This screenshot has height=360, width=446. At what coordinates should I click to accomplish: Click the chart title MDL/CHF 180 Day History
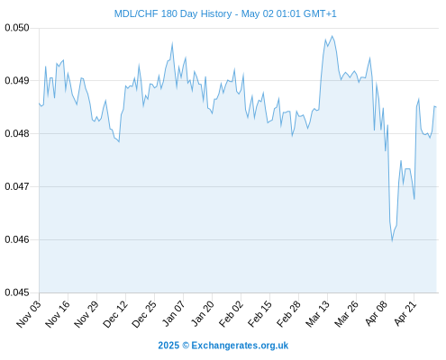point(173,13)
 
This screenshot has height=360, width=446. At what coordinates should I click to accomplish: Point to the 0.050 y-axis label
point(17,28)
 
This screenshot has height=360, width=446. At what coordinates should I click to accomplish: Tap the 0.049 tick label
point(17,80)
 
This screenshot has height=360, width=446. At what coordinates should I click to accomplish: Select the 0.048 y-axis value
point(17,133)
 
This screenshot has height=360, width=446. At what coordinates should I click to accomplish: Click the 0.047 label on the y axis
point(17,186)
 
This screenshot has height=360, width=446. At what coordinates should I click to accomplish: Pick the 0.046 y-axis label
point(17,239)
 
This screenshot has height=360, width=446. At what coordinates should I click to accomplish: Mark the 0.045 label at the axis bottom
point(17,292)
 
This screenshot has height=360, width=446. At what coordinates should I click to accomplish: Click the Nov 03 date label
point(29,314)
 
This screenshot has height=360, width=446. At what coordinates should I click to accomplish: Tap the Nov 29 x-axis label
point(86,314)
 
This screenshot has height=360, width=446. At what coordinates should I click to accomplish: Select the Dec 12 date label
point(115,314)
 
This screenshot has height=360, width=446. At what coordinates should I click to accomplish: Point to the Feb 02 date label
point(231,314)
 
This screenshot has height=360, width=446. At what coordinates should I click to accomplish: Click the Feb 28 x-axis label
point(288,314)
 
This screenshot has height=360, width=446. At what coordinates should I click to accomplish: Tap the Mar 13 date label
point(317,314)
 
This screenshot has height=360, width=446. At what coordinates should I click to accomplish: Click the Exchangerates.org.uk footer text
point(240,346)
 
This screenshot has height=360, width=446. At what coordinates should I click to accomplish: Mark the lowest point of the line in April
point(392,240)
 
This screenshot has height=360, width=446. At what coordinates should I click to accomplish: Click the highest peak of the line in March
point(332,36)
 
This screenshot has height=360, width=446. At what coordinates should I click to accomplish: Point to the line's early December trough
point(119,141)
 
